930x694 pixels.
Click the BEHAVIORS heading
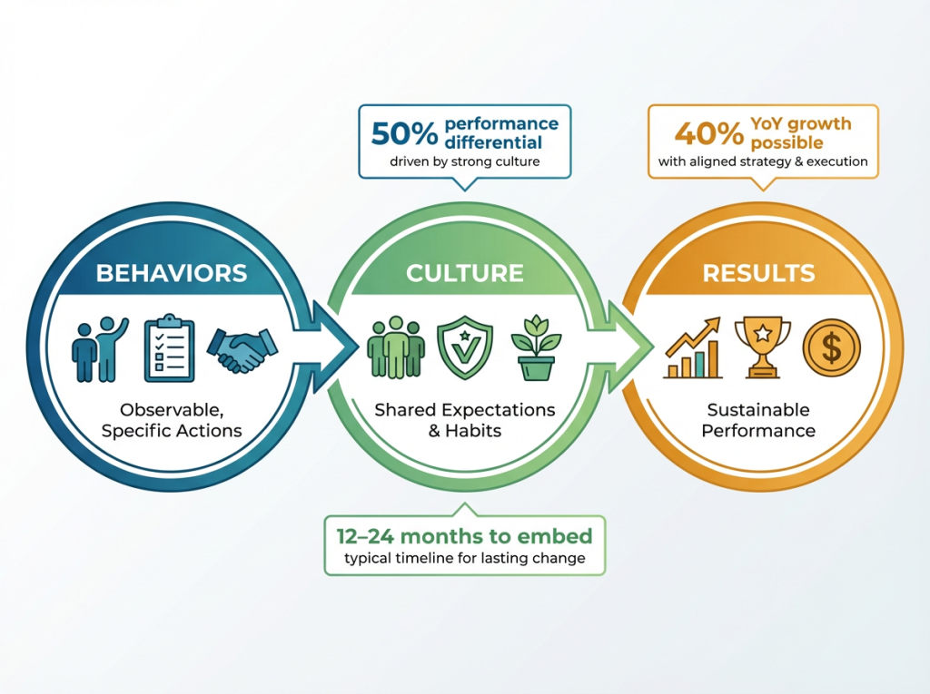172,272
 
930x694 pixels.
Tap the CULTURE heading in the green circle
464,273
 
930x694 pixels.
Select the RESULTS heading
758,273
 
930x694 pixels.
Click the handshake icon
242,348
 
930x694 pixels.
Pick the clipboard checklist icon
170,347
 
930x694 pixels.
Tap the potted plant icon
536,349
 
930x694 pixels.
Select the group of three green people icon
396,347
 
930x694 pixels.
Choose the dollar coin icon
831,347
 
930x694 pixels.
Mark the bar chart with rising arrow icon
693,349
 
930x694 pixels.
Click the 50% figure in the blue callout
404,132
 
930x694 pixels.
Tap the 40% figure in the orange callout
708,132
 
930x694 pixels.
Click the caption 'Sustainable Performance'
758,420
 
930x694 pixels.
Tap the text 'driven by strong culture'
464,162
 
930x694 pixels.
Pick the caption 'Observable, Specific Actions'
172,420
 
